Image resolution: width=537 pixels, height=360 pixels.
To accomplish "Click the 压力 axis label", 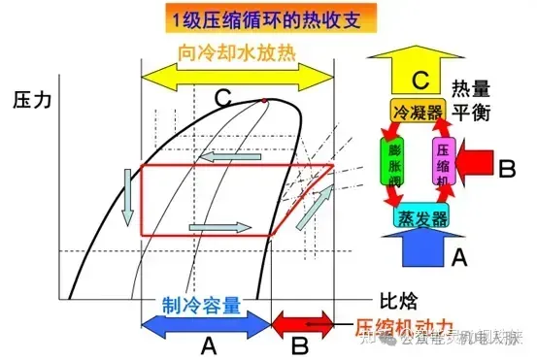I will coord(32,100).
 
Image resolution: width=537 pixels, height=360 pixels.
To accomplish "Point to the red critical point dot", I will coord(264,100).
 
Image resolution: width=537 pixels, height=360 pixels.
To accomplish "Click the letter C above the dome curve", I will coord(222,96).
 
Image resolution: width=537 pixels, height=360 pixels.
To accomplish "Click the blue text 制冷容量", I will coord(200,305).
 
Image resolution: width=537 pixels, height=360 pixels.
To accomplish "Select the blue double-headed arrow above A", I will coord(204,323).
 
